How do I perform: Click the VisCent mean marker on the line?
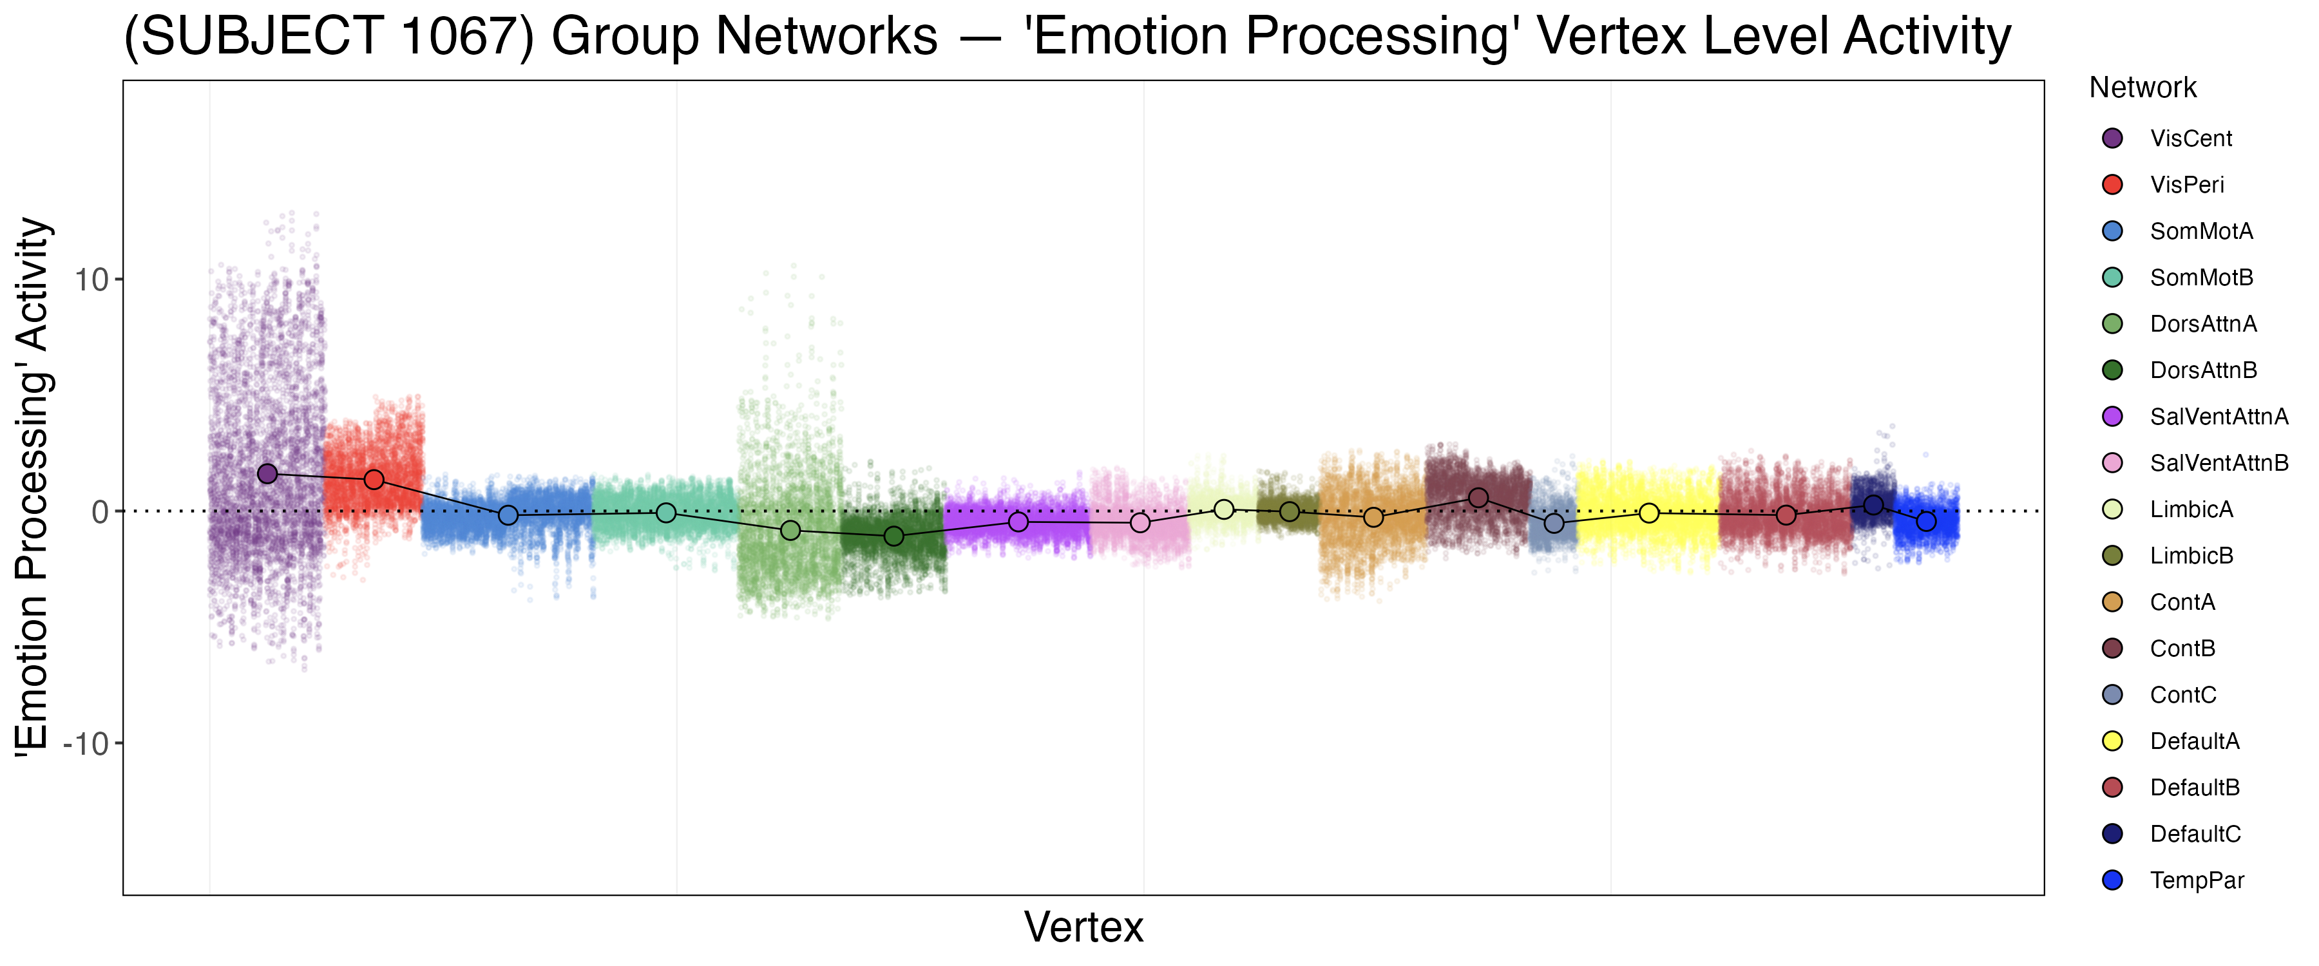click(267, 473)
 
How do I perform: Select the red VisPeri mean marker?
click(374, 480)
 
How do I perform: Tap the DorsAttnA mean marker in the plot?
click(790, 530)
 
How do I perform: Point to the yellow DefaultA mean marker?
click(1649, 513)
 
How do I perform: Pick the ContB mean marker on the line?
click(1478, 498)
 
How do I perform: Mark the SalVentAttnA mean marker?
click(1018, 522)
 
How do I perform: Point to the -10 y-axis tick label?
click(86, 744)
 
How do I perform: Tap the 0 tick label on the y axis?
click(100, 512)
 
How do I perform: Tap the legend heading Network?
click(2142, 88)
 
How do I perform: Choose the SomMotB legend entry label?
click(2201, 278)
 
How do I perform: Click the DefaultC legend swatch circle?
click(2112, 834)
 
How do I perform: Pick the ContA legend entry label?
click(2182, 602)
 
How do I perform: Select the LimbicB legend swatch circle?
click(2112, 556)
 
